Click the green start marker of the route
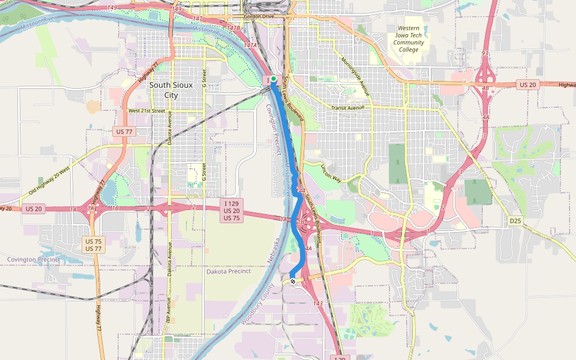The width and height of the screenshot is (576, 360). point(273,79)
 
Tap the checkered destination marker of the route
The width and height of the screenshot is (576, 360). point(293,281)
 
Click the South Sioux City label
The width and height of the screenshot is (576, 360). point(171,90)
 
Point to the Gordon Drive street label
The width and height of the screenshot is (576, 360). point(259,16)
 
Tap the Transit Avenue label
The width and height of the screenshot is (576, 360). point(348,108)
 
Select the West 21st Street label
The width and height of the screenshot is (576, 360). point(146,111)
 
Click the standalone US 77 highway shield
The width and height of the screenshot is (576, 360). point(123,131)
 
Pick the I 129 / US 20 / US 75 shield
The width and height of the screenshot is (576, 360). point(232,210)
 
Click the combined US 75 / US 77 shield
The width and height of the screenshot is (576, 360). point(93,244)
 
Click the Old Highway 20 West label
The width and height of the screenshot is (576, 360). point(50,184)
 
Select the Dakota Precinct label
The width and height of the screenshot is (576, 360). point(228,271)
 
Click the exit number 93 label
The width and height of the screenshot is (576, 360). point(484,53)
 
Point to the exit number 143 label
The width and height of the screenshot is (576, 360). point(317,303)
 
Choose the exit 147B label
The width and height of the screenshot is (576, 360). point(233,28)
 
